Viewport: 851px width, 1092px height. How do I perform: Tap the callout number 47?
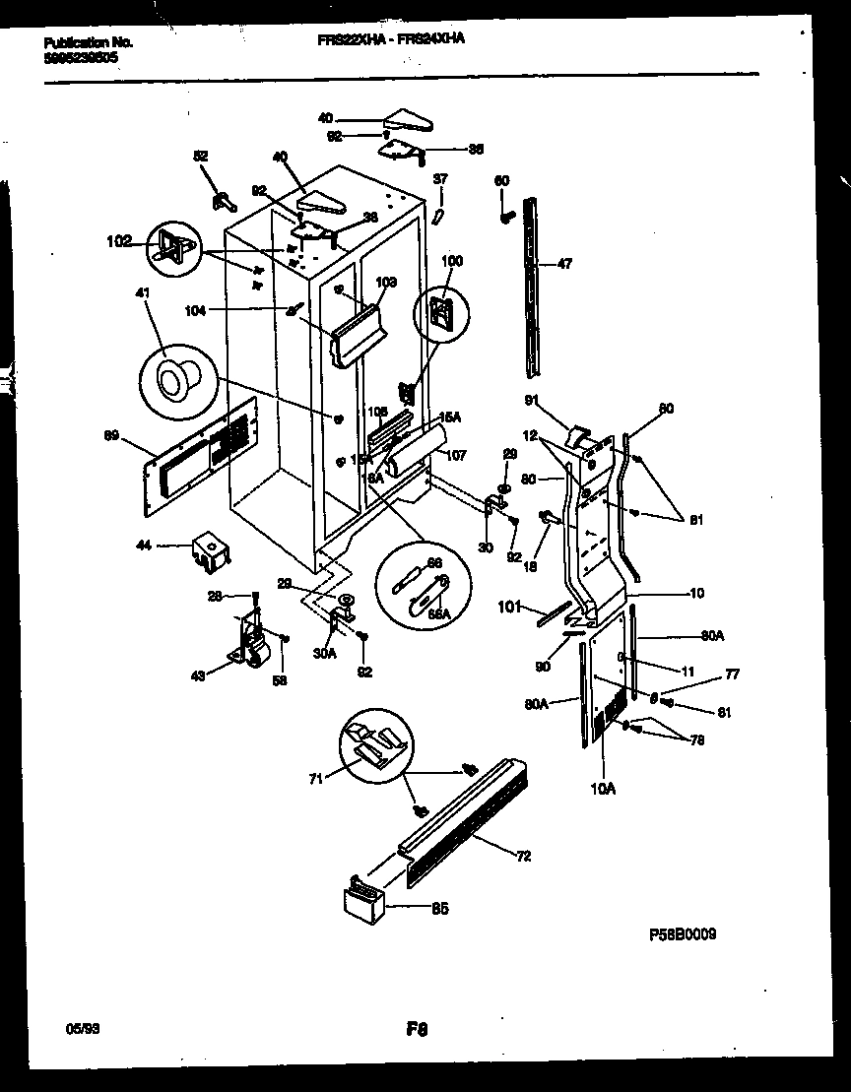click(x=564, y=265)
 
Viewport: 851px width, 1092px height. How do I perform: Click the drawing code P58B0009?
click(x=682, y=934)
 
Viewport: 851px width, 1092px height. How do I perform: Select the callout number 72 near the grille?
click(x=523, y=856)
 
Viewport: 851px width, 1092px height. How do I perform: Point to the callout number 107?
click(x=454, y=456)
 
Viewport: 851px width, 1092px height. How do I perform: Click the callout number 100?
click(x=451, y=261)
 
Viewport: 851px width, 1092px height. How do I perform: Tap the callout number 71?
click(x=314, y=779)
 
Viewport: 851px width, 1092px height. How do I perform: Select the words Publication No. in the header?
click(x=89, y=42)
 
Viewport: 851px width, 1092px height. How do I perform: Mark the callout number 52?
click(x=200, y=156)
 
